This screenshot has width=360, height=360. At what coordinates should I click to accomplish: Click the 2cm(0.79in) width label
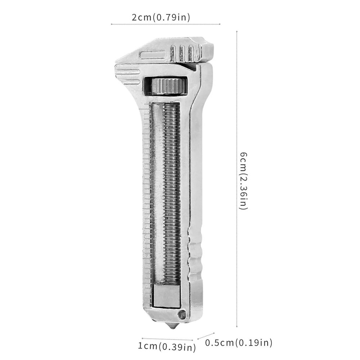point(161,17)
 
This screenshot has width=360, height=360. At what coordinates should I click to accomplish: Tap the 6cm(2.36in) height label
point(244,181)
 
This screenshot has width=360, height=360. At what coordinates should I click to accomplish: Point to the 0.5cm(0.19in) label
point(239,342)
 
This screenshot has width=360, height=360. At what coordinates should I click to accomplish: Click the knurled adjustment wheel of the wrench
point(168,86)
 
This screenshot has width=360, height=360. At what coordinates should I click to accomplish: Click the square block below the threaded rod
point(167,295)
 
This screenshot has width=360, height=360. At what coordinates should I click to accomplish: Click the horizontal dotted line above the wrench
point(165,24)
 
